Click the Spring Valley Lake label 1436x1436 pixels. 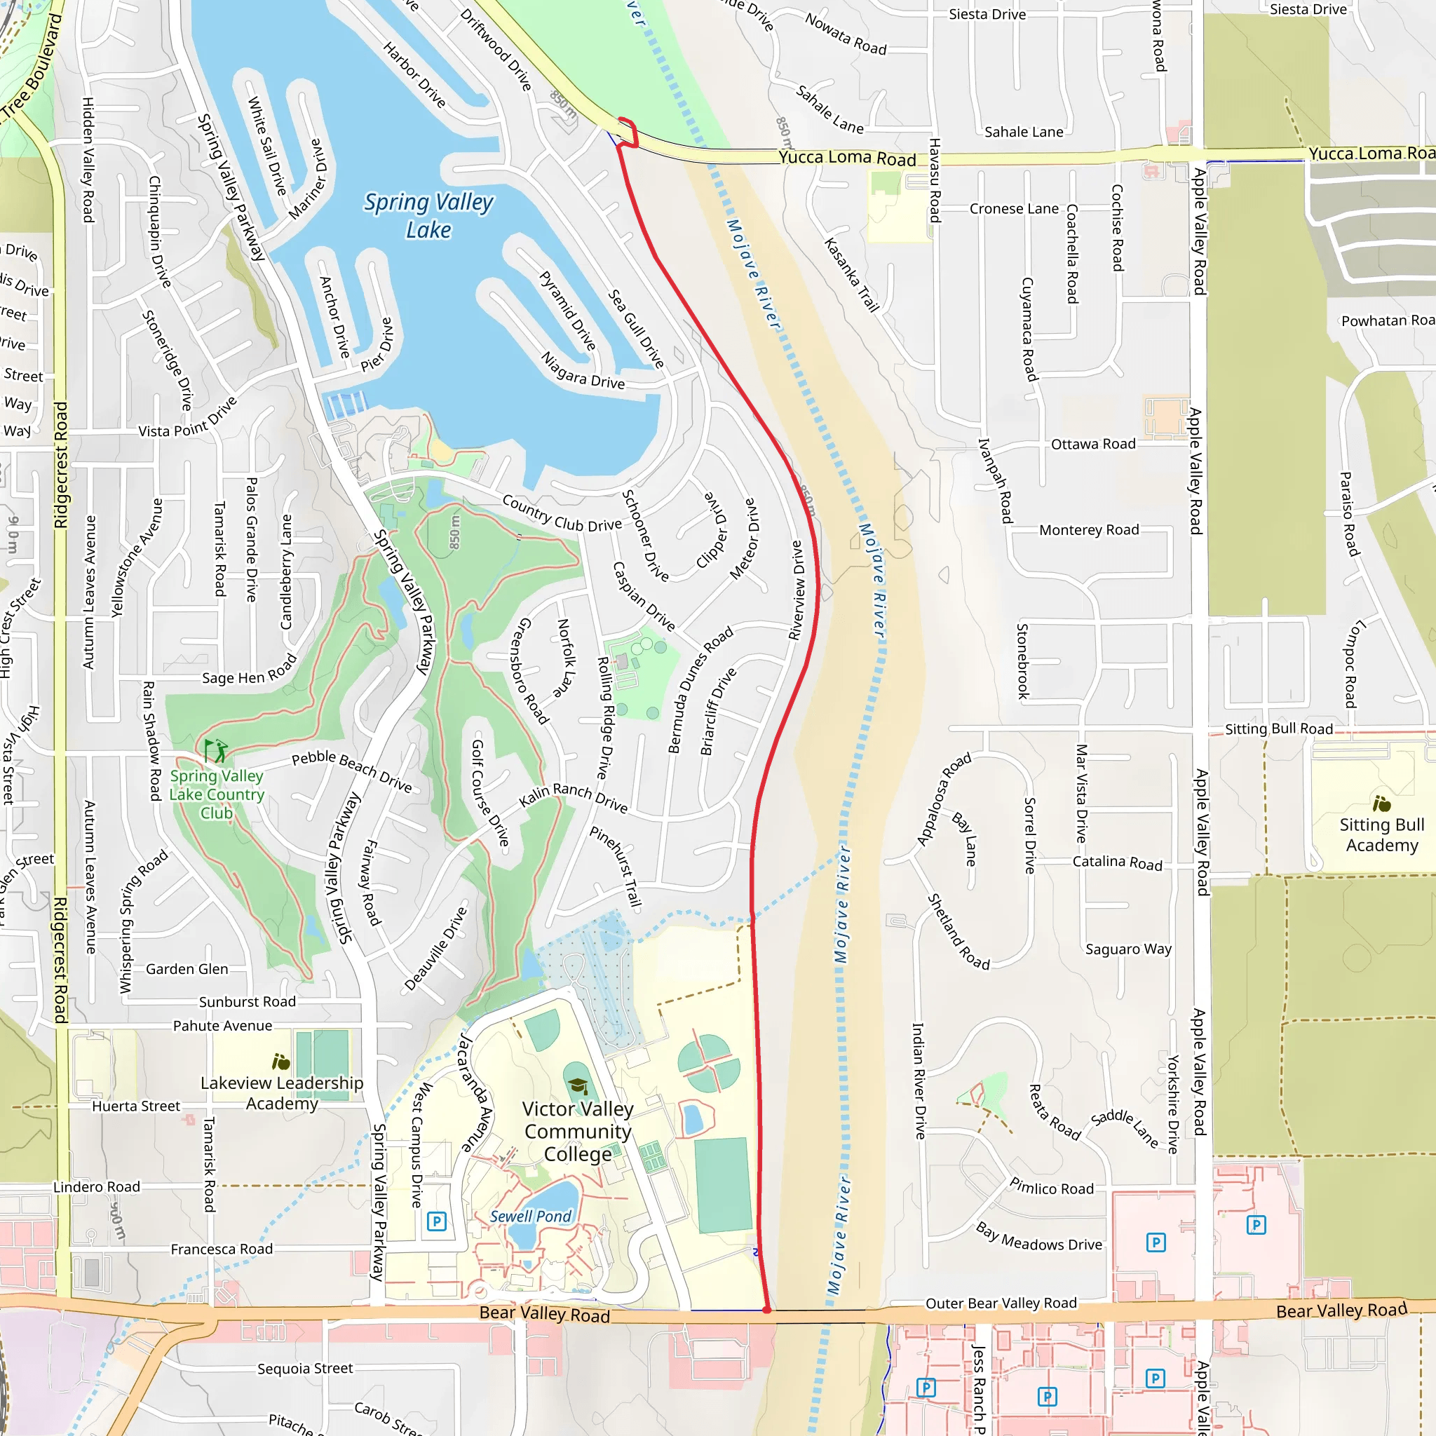point(428,215)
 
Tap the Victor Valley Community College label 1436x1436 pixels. point(578,1131)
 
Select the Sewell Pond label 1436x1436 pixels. point(530,1216)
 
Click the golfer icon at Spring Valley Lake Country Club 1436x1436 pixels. point(215,751)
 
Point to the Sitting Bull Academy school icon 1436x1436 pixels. point(1382,804)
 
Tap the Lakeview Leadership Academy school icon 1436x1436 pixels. point(280,1062)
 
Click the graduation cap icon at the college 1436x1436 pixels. point(577,1086)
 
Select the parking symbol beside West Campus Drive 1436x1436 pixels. point(436,1221)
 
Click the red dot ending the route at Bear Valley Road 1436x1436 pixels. point(766,1310)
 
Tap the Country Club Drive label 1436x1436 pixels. point(562,513)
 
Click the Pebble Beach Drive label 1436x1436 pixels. point(351,771)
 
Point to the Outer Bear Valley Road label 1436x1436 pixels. point(1001,1303)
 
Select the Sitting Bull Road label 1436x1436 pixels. point(1278,729)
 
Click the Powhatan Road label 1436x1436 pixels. point(1387,320)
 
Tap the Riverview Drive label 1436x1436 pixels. point(796,590)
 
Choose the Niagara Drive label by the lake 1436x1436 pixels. point(583,371)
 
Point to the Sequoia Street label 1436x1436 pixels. point(305,1369)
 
